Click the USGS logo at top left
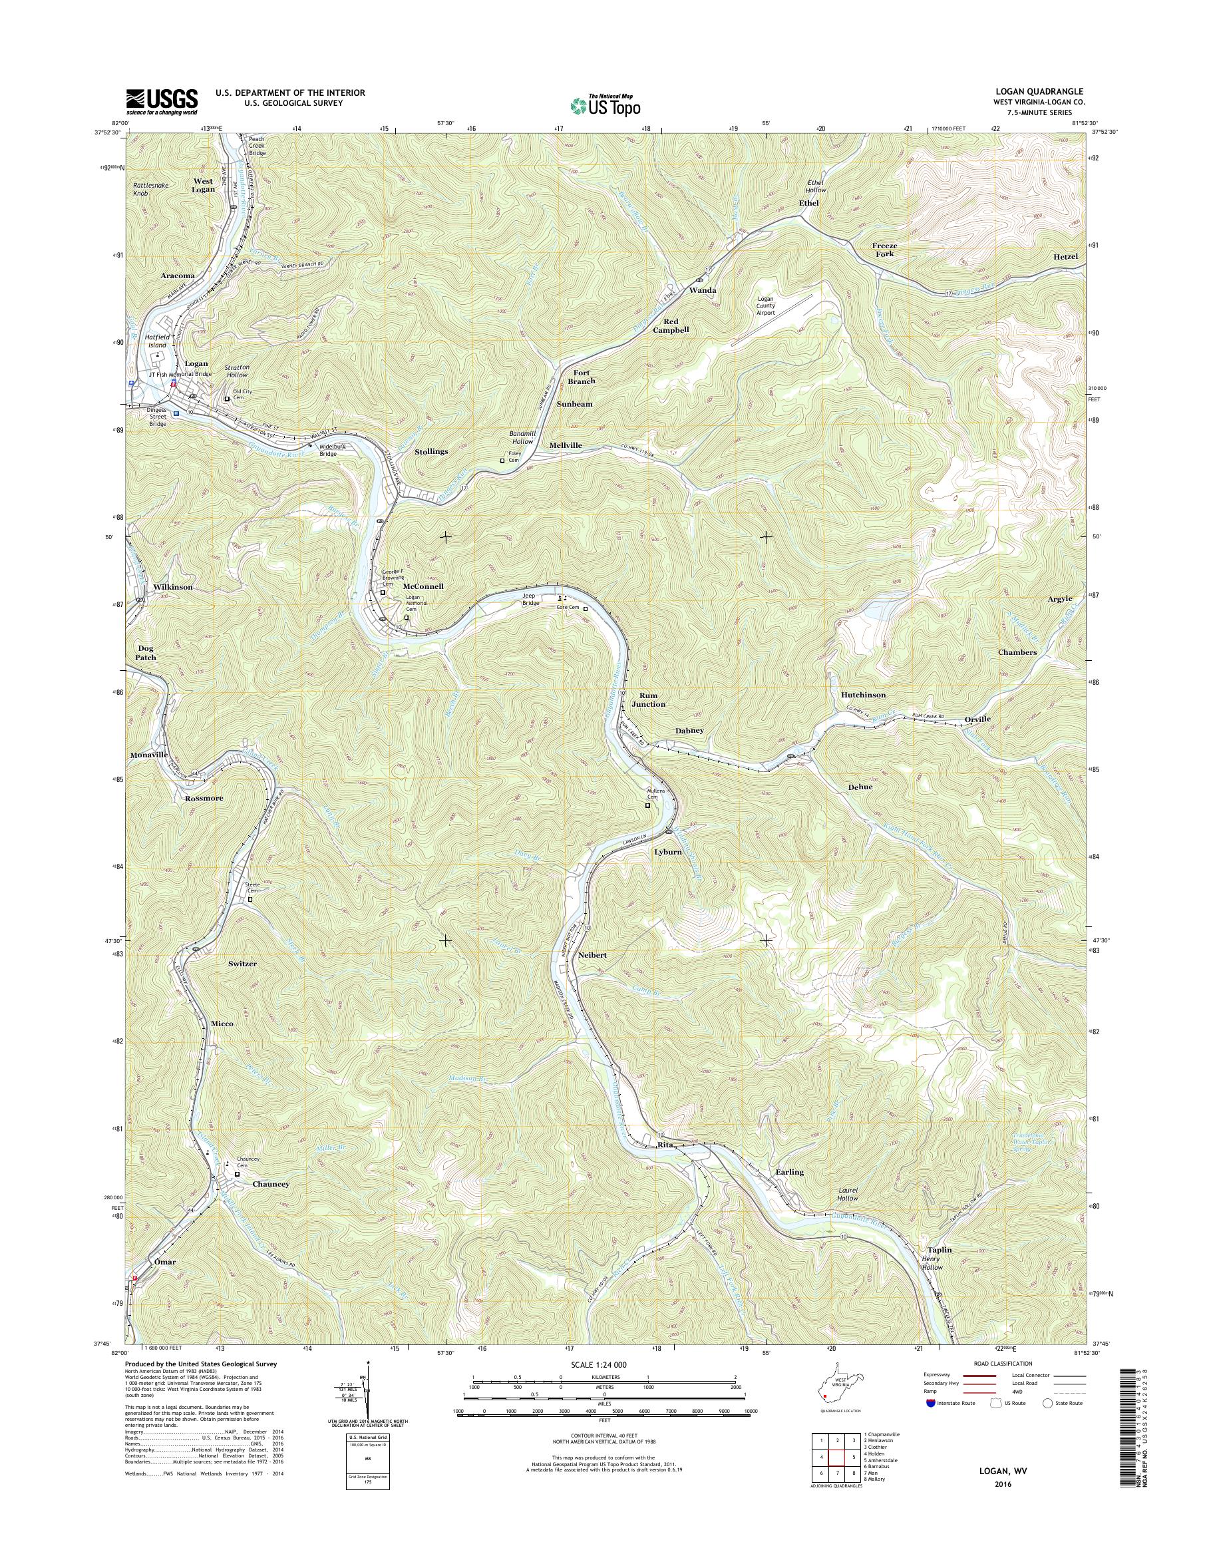(x=162, y=101)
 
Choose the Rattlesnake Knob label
(x=149, y=190)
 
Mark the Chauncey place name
(x=271, y=1184)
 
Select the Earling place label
(x=789, y=1173)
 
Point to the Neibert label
(x=593, y=955)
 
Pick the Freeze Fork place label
(x=884, y=250)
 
